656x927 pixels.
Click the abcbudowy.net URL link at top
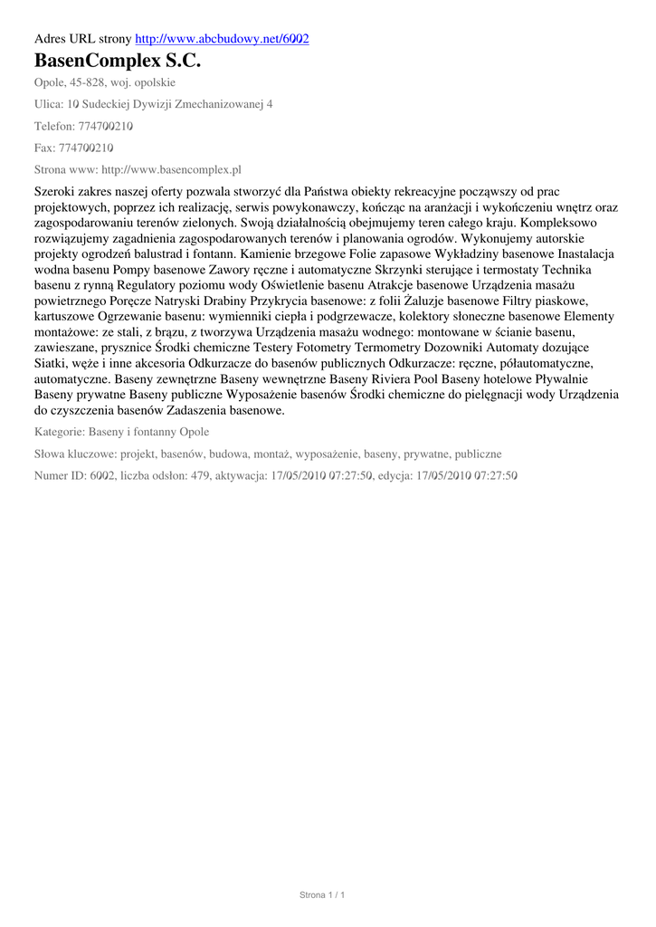[222, 40]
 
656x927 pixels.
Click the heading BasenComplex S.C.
[118, 62]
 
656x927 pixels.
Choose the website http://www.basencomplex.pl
[171, 169]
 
